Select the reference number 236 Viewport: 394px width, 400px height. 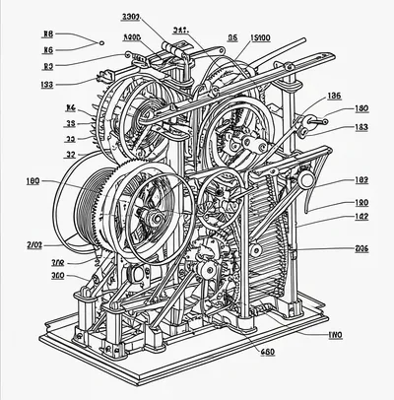pos(361,248)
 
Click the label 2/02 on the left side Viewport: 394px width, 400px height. pos(33,243)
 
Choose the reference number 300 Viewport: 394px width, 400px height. pos(58,276)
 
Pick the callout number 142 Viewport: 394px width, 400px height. pos(361,217)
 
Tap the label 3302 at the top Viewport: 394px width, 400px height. pos(130,17)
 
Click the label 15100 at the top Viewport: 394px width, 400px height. pos(262,38)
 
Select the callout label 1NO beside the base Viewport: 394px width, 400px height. pos(334,335)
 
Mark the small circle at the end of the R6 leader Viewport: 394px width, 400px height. pos(99,42)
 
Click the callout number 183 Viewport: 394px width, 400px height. pos(361,127)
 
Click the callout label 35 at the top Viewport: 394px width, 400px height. pos(232,38)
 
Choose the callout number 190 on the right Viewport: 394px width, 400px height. pos(361,202)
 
